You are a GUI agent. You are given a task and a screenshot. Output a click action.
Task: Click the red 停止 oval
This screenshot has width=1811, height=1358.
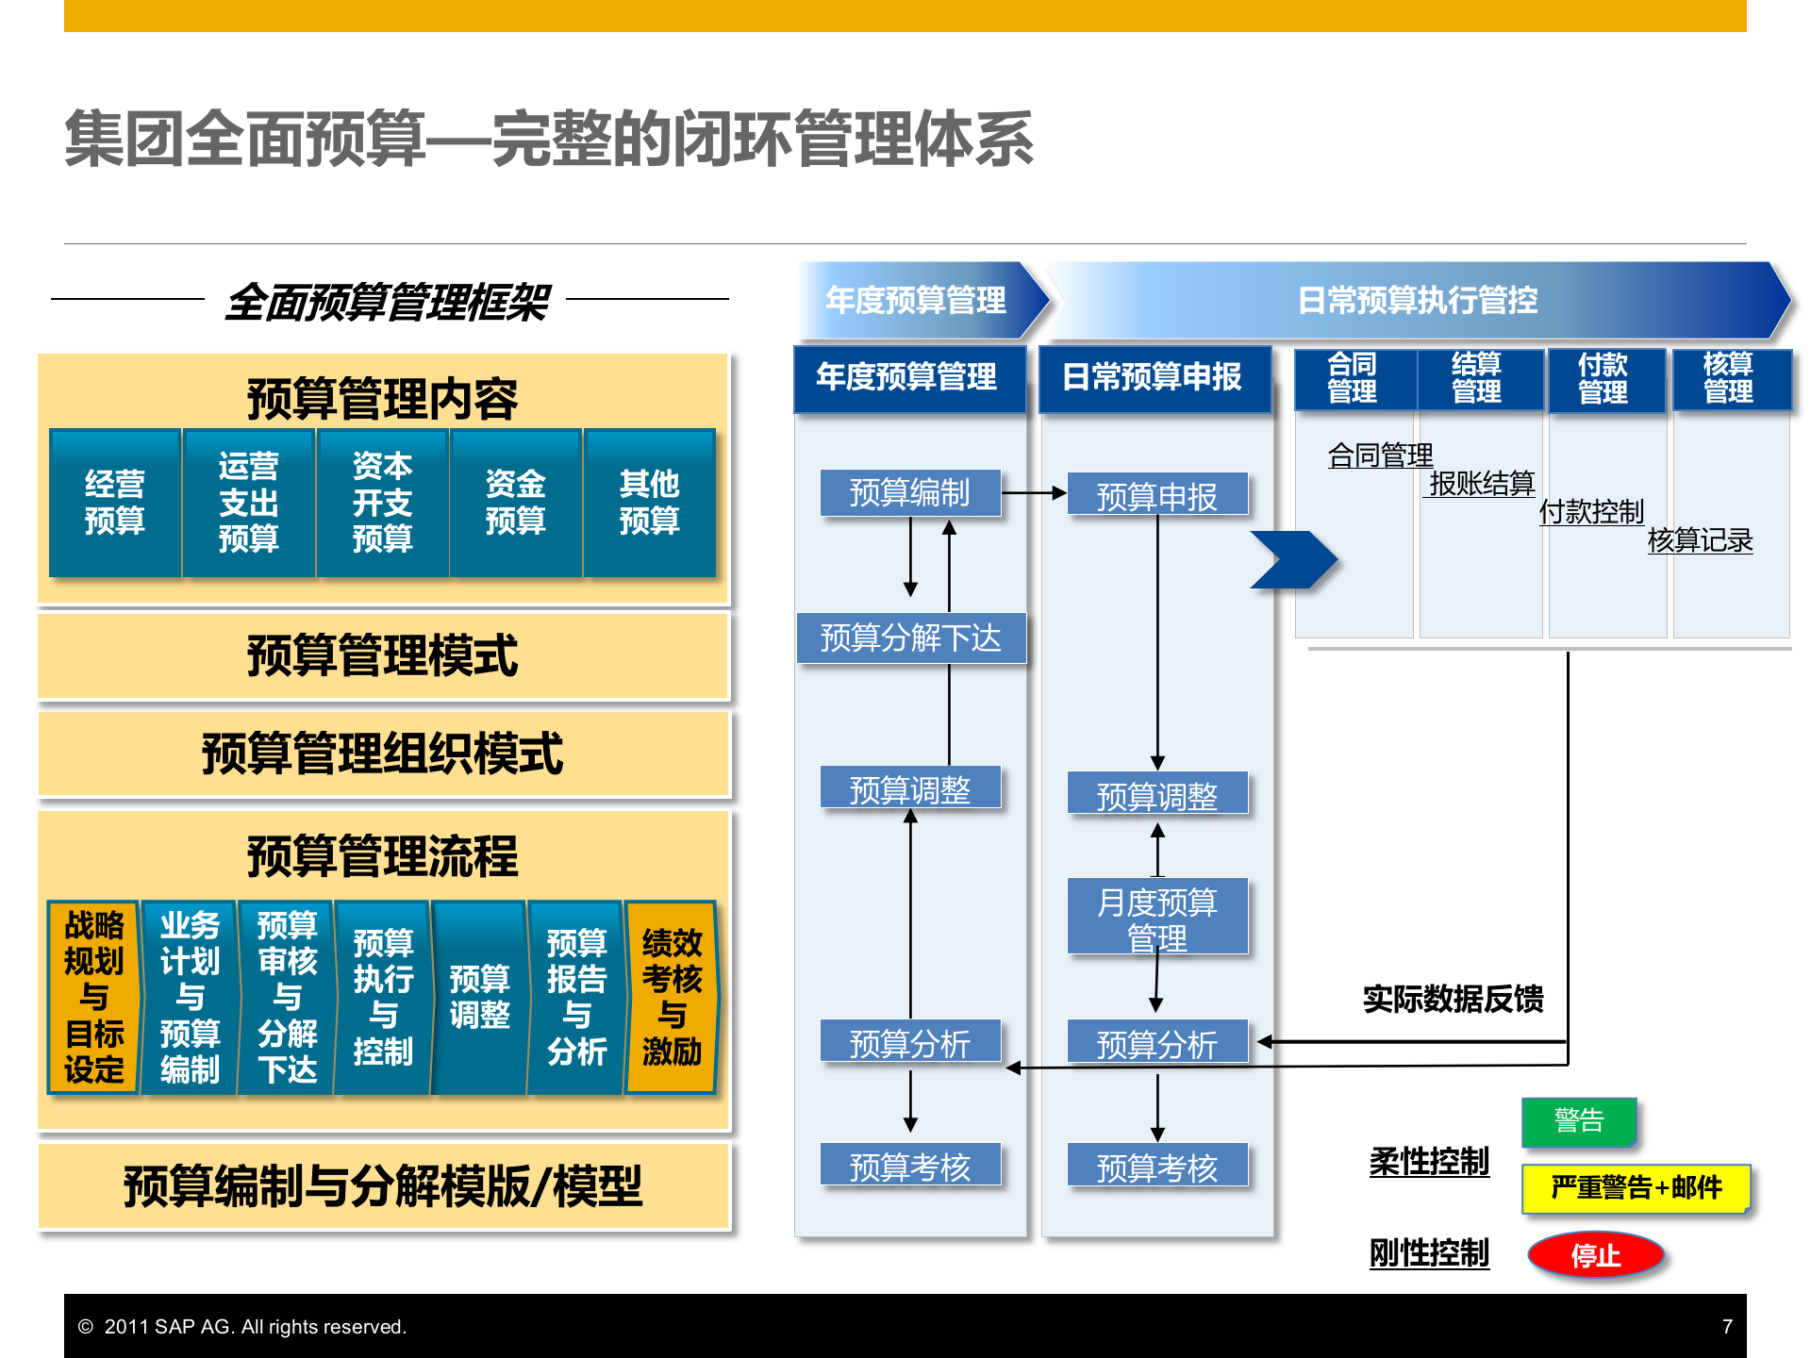point(1595,1255)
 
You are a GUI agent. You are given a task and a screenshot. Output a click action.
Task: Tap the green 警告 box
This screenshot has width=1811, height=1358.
point(1578,1121)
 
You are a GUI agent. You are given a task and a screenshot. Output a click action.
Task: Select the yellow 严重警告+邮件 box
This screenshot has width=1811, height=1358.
point(1636,1187)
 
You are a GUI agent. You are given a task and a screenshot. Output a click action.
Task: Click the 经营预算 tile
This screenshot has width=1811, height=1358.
point(115,503)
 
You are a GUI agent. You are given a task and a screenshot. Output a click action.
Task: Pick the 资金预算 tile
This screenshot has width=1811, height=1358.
point(515,503)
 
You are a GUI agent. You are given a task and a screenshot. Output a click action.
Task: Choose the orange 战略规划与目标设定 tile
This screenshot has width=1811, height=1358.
point(93,998)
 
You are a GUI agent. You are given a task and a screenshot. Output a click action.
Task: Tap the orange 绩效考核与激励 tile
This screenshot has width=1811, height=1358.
point(672,998)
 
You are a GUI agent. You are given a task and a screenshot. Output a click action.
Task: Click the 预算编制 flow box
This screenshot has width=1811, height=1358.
point(910,492)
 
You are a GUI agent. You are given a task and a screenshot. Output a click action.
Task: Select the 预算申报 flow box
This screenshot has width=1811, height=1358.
point(1157,495)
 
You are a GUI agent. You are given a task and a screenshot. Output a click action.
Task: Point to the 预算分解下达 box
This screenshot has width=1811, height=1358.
point(910,638)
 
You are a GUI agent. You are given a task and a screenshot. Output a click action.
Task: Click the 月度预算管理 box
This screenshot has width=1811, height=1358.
point(1157,918)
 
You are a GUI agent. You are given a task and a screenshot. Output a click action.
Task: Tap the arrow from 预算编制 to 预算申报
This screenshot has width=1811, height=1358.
point(1034,492)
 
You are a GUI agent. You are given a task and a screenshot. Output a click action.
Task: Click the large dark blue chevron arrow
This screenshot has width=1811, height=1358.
point(1293,560)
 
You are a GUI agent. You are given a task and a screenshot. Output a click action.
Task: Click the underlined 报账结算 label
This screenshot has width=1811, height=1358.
point(1482,484)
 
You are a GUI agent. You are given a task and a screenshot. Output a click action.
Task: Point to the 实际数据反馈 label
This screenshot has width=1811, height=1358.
point(1453,1000)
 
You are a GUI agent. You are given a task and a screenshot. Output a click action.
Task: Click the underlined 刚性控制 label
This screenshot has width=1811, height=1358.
point(1429,1253)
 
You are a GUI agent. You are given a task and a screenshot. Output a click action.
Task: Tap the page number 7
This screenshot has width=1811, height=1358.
point(1727,1326)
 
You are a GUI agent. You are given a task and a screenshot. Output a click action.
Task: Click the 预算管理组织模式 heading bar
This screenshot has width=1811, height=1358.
point(383,754)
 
